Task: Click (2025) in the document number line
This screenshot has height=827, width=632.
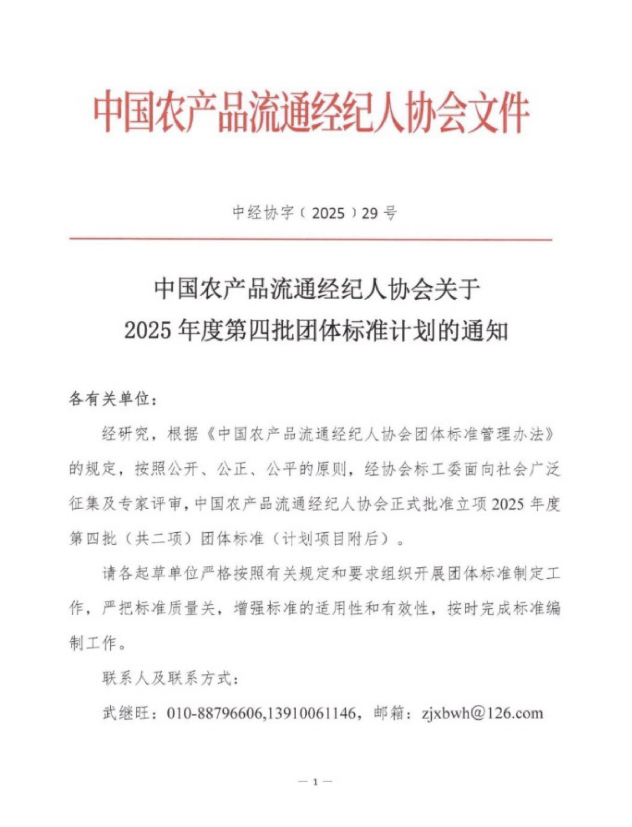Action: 328,213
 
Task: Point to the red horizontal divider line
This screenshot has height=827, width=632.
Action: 310,239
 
